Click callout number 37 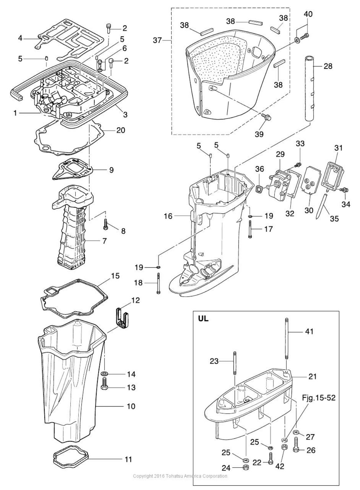click(157, 40)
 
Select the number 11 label click(128, 459)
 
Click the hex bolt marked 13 click(104, 384)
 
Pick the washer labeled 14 click(105, 374)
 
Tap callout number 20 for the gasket click(121, 130)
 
